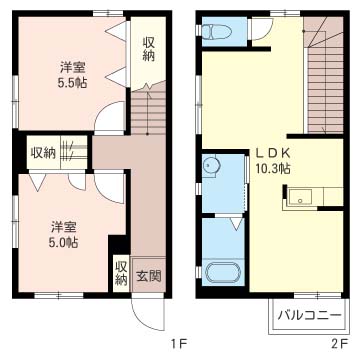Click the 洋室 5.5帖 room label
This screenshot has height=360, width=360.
pyautogui.click(x=72, y=75)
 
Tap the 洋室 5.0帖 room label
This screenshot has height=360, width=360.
pyautogui.click(x=64, y=234)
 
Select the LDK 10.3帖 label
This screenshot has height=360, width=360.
pyautogui.click(x=273, y=160)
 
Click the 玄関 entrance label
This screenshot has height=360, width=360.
pyautogui.click(x=149, y=276)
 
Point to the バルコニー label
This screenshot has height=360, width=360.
pyautogui.click(x=310, y=315)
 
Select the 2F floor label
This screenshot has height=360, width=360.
pyautogui.click(x=340, y=343)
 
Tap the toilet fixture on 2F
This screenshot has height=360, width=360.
pyautogui.click(x=217, y=32)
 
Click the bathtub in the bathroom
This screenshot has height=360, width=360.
pyautogui.click(x=223, y=273)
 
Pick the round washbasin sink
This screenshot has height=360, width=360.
pyautogui.click(x=211, y=164)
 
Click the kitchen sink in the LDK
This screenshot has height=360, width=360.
pyautogui.click(x=300, y=197)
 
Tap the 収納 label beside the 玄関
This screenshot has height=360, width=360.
pyautogui.click(x=121, y=273)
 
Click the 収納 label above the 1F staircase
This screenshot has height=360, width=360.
pyautogui.click(x=149, y=49)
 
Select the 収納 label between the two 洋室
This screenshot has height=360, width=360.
pyautogui.click(x=43, y=153)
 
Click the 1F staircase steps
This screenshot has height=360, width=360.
pyautogui.click(x=148, y=109)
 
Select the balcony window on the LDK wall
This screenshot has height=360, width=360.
pyautogui.click(x=318, y=295)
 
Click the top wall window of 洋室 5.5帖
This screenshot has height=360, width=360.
pyautogui.click(x=108, y=13)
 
